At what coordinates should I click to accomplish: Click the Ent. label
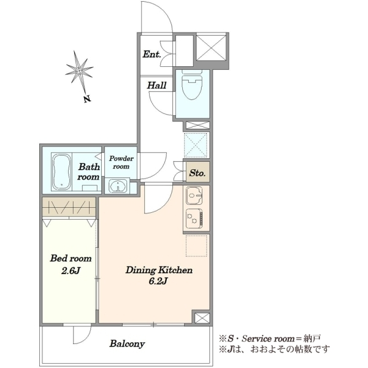(152, 55)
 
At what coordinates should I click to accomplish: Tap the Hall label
(157, 85)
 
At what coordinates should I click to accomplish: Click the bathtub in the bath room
(61, 172)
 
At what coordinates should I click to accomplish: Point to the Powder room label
(121, 163)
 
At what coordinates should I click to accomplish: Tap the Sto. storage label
(197, 173)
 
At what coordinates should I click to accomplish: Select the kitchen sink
(194, 196)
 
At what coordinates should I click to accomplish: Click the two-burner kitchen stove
(194, 219)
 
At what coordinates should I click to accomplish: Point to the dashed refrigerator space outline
(197, 246)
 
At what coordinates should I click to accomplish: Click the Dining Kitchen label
(159, 270)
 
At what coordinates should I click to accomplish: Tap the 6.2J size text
(158, 281)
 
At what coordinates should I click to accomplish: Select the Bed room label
(71, 258)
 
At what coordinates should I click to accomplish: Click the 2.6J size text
(71, 271)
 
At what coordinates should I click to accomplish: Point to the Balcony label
(127, 344)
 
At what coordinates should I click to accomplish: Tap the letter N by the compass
(87, 99)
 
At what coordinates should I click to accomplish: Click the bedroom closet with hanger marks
(69, 207)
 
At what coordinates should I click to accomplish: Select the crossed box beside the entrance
(211, 47)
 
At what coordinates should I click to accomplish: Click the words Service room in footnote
(268, 339)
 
